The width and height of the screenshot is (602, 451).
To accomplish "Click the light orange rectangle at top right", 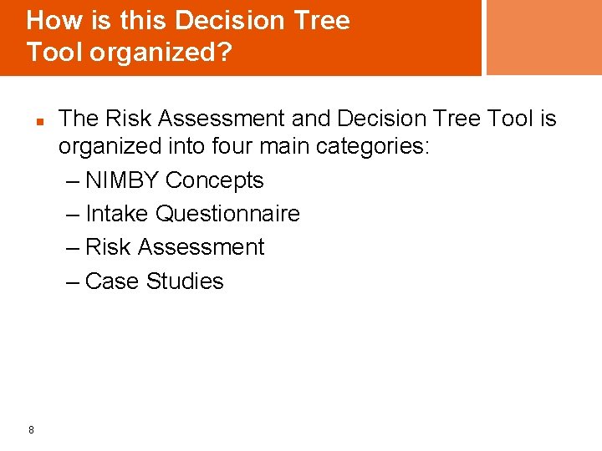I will [543, 38].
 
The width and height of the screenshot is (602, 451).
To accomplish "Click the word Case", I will [113, 281].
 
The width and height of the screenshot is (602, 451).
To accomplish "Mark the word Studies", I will [185, 281].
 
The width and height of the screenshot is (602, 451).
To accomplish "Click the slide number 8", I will [31, 430].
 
